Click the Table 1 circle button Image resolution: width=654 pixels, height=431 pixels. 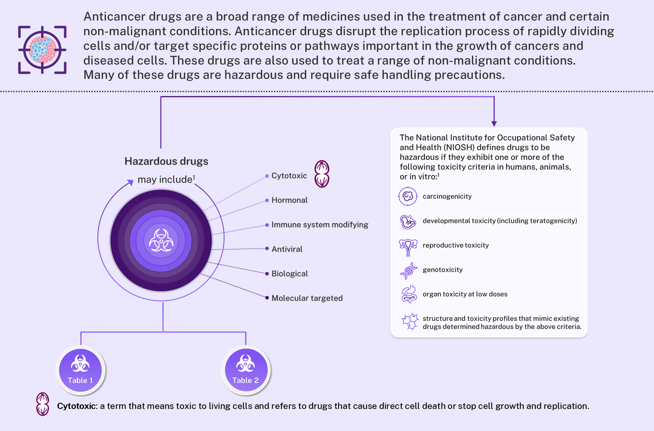click(x=80, y=370)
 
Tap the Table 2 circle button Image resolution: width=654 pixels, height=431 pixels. click(x=246, y=370)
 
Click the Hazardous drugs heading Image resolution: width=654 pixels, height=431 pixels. click(x=166, y=161)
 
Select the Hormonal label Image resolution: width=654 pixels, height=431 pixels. click(x=289, y=200)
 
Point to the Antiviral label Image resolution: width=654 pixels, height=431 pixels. click(x=287, y=249)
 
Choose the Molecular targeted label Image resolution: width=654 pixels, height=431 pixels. click(x=307, y=298)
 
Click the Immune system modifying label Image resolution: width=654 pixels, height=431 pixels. click(x=320, y=225)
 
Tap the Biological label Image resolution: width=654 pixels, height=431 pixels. click(x=290, y=274)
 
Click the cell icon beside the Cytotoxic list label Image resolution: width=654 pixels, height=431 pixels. click(x=322, y=174)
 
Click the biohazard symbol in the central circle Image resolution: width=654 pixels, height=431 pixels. click(x=161, y=240)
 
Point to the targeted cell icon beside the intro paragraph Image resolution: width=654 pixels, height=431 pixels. click(x=42, y=50)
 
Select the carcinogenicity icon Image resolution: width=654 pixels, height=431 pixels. click(x=408, y=196)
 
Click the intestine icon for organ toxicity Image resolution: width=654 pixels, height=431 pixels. click(x=409, y=295)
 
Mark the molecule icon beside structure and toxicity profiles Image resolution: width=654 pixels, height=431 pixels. click(x=410, y=322)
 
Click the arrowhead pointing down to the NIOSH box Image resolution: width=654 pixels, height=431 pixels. click(x=494, y=124)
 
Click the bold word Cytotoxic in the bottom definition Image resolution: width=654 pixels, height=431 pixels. click(x=77, y=406)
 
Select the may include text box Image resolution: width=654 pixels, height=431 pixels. click(x=164, y=179)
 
